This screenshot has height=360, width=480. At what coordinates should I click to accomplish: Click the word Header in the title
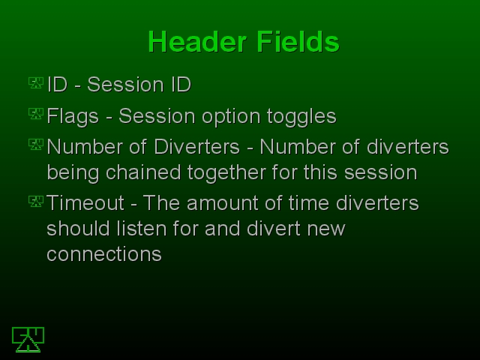pyautogui.click(x=197, y=42)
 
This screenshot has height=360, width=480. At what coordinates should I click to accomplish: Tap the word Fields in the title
pyautogui.click(x=298, y=42)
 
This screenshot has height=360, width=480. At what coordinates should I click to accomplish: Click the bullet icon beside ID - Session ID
pyautogui.click(x=36, y=83)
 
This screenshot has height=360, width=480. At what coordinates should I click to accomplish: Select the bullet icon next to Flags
pyautogui.click(x=36, y=114)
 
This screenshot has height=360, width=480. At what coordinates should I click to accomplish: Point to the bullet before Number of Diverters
pyautogui.click(x=36, y=145)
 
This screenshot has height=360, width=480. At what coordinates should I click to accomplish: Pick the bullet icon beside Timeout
pyautogui.click(x=36, y=202)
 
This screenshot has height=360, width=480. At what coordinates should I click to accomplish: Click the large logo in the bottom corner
pyautogui.click(x=28, y=340)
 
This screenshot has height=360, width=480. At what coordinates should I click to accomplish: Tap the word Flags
pyautogui.click(x=73, y=117)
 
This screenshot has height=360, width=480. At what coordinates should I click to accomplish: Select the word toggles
pyautogui.click(x=301, y=117)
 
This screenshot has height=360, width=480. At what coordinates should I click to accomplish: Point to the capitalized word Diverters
pyautogui.click(x=196, y=147)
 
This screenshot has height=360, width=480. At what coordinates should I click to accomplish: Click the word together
pyautogui.click(x=226, y=173)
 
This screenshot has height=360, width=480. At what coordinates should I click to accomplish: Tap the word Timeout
pyautogui.click(x=85, y=202)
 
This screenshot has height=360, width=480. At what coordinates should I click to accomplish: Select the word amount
pyautogui.click(x=223, y=203)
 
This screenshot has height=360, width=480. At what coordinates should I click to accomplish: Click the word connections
pyautogui.click(x=104, y=254)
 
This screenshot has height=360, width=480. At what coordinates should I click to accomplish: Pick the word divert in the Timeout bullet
pyautogui.click(x=274, y=228)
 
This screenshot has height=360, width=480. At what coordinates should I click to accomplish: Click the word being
pyautogui.click(x=73, y=173)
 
